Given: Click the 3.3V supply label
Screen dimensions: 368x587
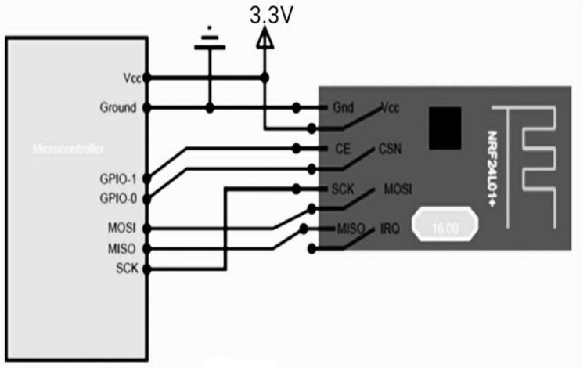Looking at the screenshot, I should point(271,16).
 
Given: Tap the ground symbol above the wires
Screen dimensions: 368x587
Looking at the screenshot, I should point(209,43).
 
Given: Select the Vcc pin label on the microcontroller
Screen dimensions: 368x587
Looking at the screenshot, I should point(131,78).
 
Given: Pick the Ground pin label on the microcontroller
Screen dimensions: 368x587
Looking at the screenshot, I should point(119,107).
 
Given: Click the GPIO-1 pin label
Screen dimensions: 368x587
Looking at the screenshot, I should point(119,179).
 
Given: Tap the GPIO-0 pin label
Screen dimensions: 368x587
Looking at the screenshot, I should point(119,198).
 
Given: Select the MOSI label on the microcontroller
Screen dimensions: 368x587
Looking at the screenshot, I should point(123,228).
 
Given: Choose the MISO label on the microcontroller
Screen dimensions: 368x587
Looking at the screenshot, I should point(123,248).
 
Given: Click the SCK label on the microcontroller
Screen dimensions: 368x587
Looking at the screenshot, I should point(125,269).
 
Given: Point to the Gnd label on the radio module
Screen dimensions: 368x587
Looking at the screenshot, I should point(342,107).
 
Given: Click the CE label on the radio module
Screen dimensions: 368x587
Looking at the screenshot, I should point(341,148).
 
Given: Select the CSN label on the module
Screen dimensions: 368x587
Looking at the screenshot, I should point(391,148).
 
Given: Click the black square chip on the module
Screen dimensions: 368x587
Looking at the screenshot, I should point(445,127).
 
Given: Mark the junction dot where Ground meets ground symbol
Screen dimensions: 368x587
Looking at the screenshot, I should point(209,107).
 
